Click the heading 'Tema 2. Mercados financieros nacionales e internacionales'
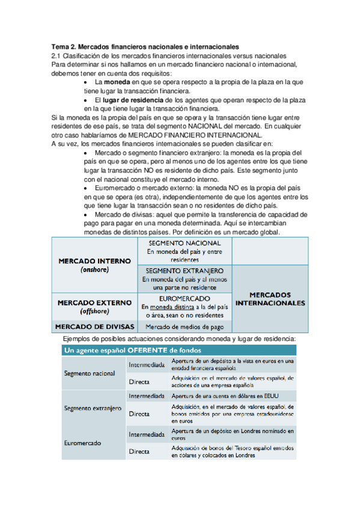pos(145,46)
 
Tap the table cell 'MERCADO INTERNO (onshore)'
pos(94,266)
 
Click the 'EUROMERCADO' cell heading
pos(185,298)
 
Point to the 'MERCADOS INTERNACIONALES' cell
pos(270,300)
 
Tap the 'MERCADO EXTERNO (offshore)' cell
pos(94,306)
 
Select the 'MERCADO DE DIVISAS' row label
pos(94,327)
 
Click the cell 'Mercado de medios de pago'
pos(185,327)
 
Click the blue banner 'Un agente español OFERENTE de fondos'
pos(132,350)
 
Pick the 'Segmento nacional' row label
pos(90,373)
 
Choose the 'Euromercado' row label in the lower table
pos(85,443)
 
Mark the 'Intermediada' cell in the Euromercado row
pos(147,434)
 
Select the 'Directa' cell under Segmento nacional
pos(139,381)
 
